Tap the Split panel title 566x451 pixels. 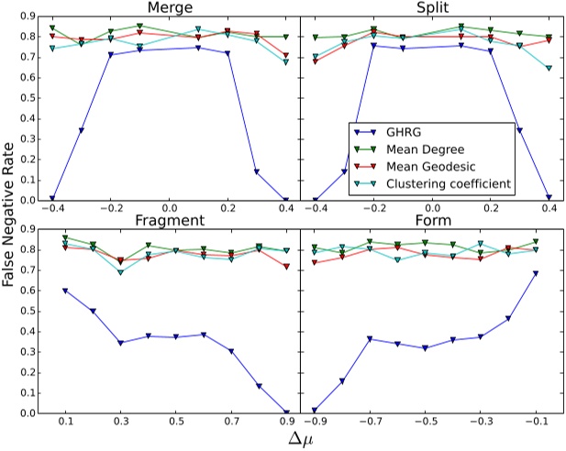pos(432,8)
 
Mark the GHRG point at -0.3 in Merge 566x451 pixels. pos(81,130)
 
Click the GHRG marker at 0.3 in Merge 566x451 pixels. pos(256,171)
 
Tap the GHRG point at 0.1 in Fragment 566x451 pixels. pos(65,291)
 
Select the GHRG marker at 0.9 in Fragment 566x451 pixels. pos(286,412)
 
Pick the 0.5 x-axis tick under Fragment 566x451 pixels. pos(175,423)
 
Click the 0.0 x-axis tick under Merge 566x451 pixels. pos(169,209)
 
